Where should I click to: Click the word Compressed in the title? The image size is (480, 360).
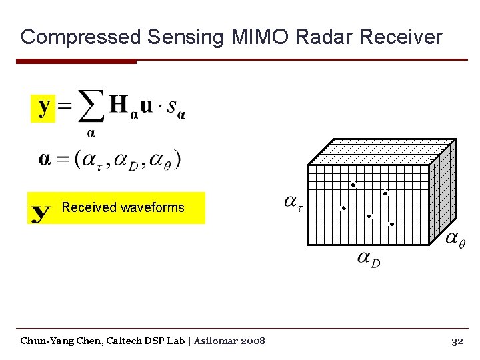click(81, 37)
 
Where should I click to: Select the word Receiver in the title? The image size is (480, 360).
click(401, 37)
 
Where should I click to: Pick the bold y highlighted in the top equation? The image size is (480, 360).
click(43, 107)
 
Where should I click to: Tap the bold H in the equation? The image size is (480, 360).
click(119, 105)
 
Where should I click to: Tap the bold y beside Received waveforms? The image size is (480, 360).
click(41, 213)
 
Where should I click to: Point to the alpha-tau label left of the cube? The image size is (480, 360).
click(293, 201)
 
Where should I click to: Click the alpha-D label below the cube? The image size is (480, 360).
click(368, 258)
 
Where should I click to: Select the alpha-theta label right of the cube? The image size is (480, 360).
click(455, 239)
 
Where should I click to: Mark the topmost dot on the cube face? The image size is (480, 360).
click(353, 185)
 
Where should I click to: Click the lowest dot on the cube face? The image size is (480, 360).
click(391, 225)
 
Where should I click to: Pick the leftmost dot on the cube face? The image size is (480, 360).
click(344, 208)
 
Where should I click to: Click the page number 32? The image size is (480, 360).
click(457, 341)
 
